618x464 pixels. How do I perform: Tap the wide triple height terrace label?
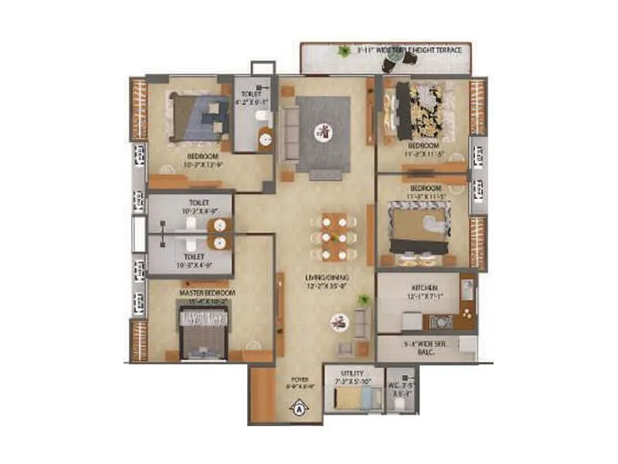pos(409,50)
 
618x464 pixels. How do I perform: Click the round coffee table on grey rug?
pos(324,132)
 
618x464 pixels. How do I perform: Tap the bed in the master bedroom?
pos(204,334)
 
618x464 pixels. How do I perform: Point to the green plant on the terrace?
pos(342,52)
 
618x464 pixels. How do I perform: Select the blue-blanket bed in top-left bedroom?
pos(199,118)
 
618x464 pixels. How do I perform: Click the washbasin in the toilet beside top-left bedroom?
pos(266,140)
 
